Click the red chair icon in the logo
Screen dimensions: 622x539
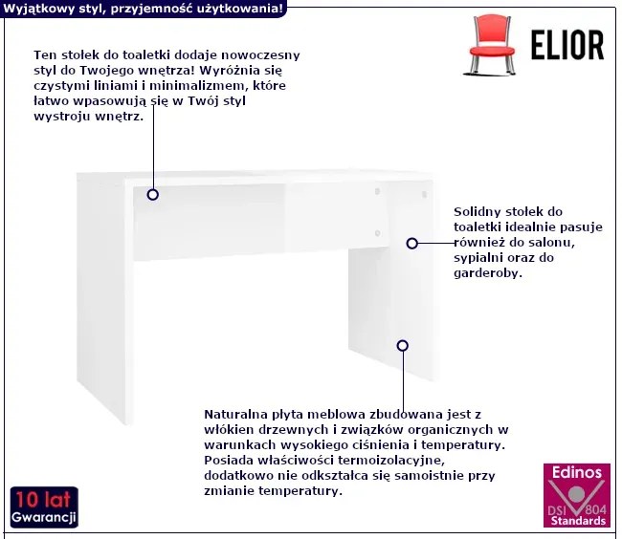pyautogui.click(x=491, y=45)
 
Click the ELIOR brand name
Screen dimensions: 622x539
pyautogui.click(x=567, y=46)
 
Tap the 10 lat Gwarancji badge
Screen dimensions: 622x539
pyautogui.click(x=44, y=507)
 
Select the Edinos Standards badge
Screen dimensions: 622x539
pyautogui.click(x=577, y=495)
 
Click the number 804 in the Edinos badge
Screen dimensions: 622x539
pyautogui.click(x=595, y=509)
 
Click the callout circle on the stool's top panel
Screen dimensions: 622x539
pyautogui.click(x=153, y=194)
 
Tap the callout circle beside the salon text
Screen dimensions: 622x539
pyautogui.click(x=412, y=243)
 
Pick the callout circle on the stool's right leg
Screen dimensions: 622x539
pyautogui.click(x=403, y=346)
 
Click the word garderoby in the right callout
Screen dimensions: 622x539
pyautogui.click(x=486, y=273)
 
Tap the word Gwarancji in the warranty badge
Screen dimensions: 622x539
pyautogui.click(x=44, y=517)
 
